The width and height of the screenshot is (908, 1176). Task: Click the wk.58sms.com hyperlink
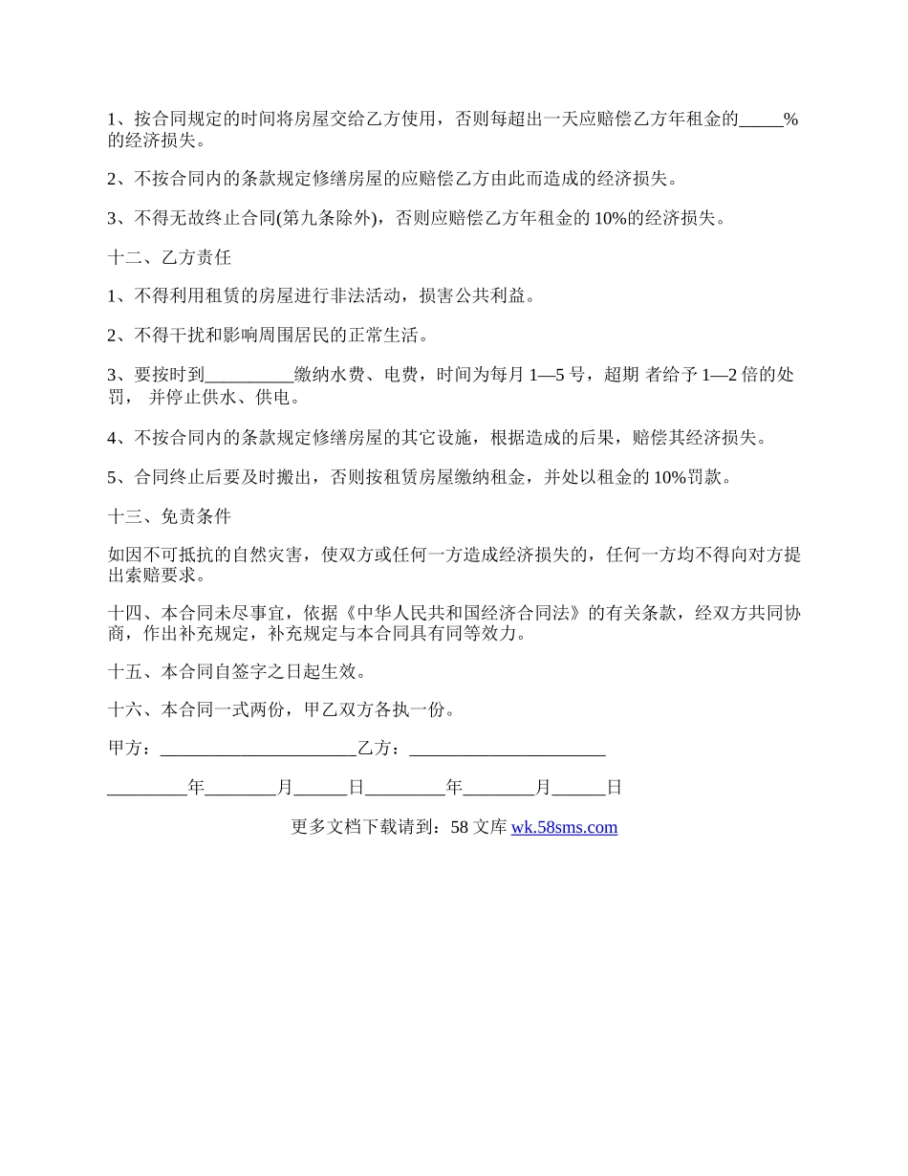click(564, 827)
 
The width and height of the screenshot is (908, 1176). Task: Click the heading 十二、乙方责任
click(170, 257)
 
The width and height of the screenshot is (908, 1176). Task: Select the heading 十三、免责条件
click(170, 516)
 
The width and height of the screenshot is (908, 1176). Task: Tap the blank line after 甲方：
click(258, 749)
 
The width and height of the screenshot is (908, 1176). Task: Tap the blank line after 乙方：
click(507, 749)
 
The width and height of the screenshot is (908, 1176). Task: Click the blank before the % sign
click(761, 120)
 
